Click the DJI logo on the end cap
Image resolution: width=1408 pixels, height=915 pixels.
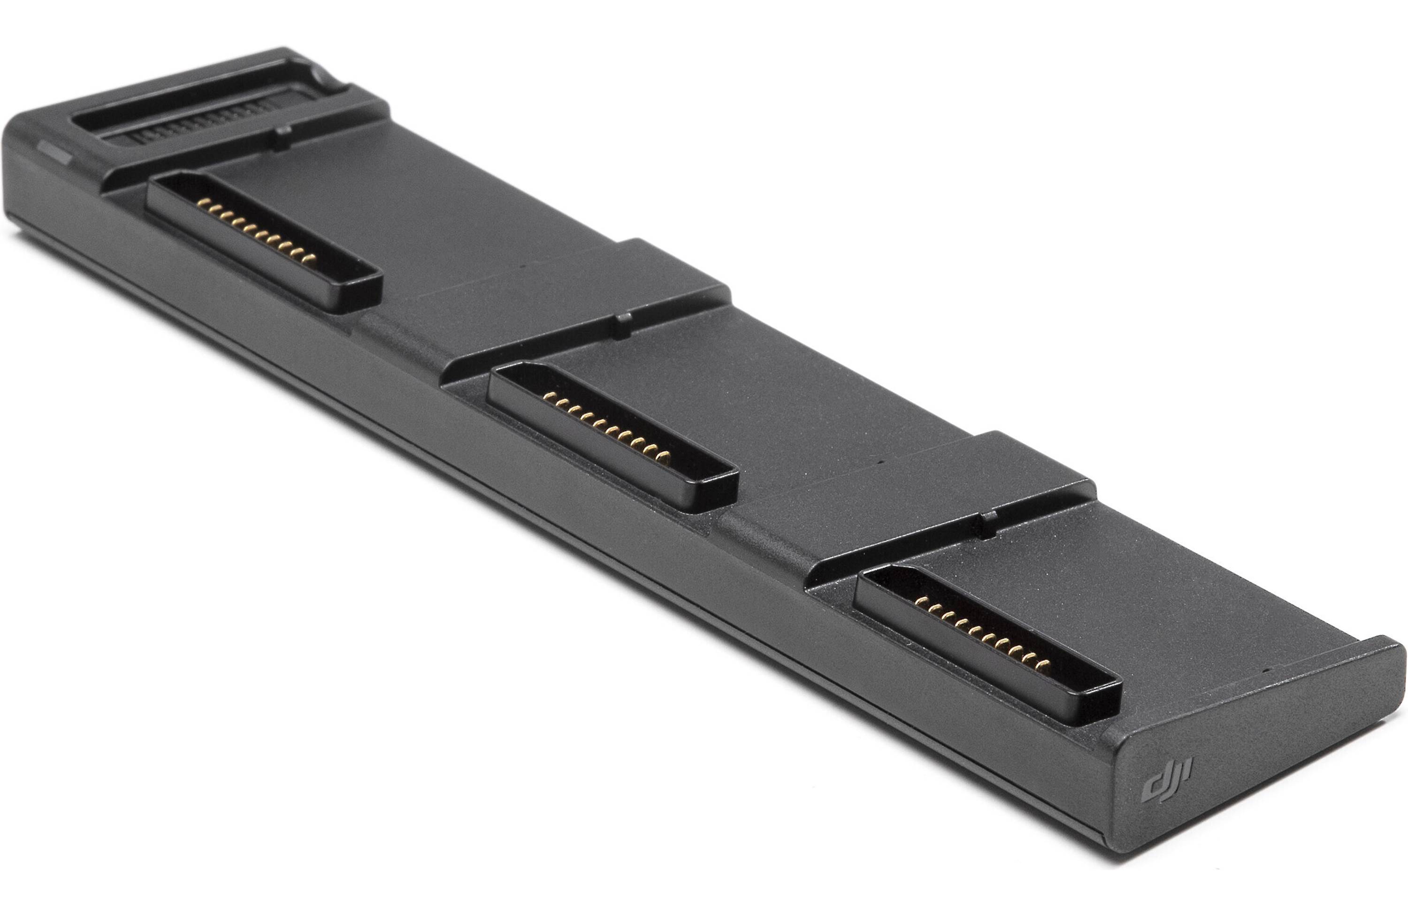1167,779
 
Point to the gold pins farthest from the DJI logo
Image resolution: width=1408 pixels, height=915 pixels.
257,231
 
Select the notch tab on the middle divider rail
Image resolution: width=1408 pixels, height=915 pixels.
622,327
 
